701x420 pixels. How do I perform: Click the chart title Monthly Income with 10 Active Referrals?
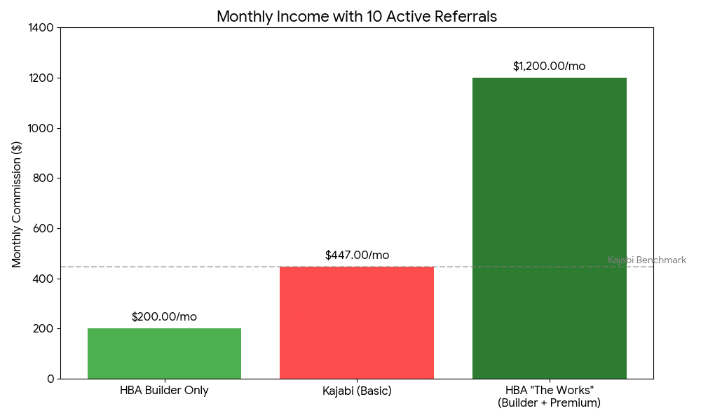pos(357,17)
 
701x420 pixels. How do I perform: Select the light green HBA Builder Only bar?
pos(164,353)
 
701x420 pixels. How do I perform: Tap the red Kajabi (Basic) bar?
pos(357,323)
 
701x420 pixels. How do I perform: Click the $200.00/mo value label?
pos(164,317)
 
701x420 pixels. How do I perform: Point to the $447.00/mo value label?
pos(357,255)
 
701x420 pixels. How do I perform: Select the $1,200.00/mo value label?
pos(549,66)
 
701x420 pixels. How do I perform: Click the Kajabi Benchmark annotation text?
pos(646,260)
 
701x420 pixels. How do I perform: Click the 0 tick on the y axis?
pos(50,379)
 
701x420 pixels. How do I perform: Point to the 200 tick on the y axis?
pos(45,329)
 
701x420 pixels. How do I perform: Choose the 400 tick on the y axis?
pos(45,279)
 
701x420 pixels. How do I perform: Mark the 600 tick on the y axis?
pos(45,228)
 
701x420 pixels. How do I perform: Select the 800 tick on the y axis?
pos(45,178)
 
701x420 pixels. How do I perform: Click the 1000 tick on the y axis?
pos(42,128)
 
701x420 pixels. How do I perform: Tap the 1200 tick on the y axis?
pos(42,78)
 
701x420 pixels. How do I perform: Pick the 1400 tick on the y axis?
pos(42,28)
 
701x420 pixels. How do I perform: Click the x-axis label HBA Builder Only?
pos(164,391)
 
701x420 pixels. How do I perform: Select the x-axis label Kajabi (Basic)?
pos(357,391)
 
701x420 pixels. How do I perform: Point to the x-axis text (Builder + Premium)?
pos(549,403)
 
